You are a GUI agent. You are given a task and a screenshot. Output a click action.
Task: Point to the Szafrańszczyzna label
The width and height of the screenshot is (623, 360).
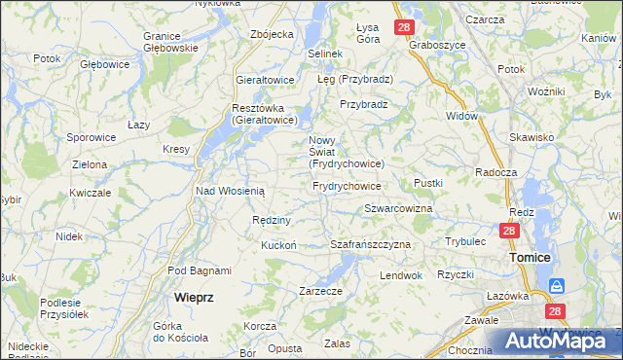coord(371,244)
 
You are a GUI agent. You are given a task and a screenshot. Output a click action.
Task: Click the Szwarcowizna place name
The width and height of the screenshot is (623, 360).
coord(398,209)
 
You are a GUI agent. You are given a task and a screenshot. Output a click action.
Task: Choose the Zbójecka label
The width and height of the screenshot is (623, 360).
coord(272,34)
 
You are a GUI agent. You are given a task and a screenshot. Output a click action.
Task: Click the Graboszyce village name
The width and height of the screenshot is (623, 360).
coord(436,45)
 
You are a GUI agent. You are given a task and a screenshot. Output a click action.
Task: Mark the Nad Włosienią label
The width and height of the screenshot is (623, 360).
coord(231,191)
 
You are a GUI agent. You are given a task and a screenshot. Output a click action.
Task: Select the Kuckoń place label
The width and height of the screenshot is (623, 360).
coord(277,245)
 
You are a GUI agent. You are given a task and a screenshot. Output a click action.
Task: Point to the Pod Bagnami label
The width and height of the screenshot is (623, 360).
coord(199,270)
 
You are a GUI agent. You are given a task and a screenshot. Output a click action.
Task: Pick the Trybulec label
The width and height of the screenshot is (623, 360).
coord(465,240)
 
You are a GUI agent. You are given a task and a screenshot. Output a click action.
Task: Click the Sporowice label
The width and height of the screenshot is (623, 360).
coord(92,138)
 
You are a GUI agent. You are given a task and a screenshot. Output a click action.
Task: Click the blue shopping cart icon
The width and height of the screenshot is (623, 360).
coord(556,286)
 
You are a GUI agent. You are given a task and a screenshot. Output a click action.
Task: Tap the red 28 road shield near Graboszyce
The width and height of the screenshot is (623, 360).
coord(404,28)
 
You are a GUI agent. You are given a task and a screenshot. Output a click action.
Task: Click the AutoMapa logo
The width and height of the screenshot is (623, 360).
coord(550,342)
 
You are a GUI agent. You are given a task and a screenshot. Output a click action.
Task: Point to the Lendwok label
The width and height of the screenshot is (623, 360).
coord(401,275)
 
